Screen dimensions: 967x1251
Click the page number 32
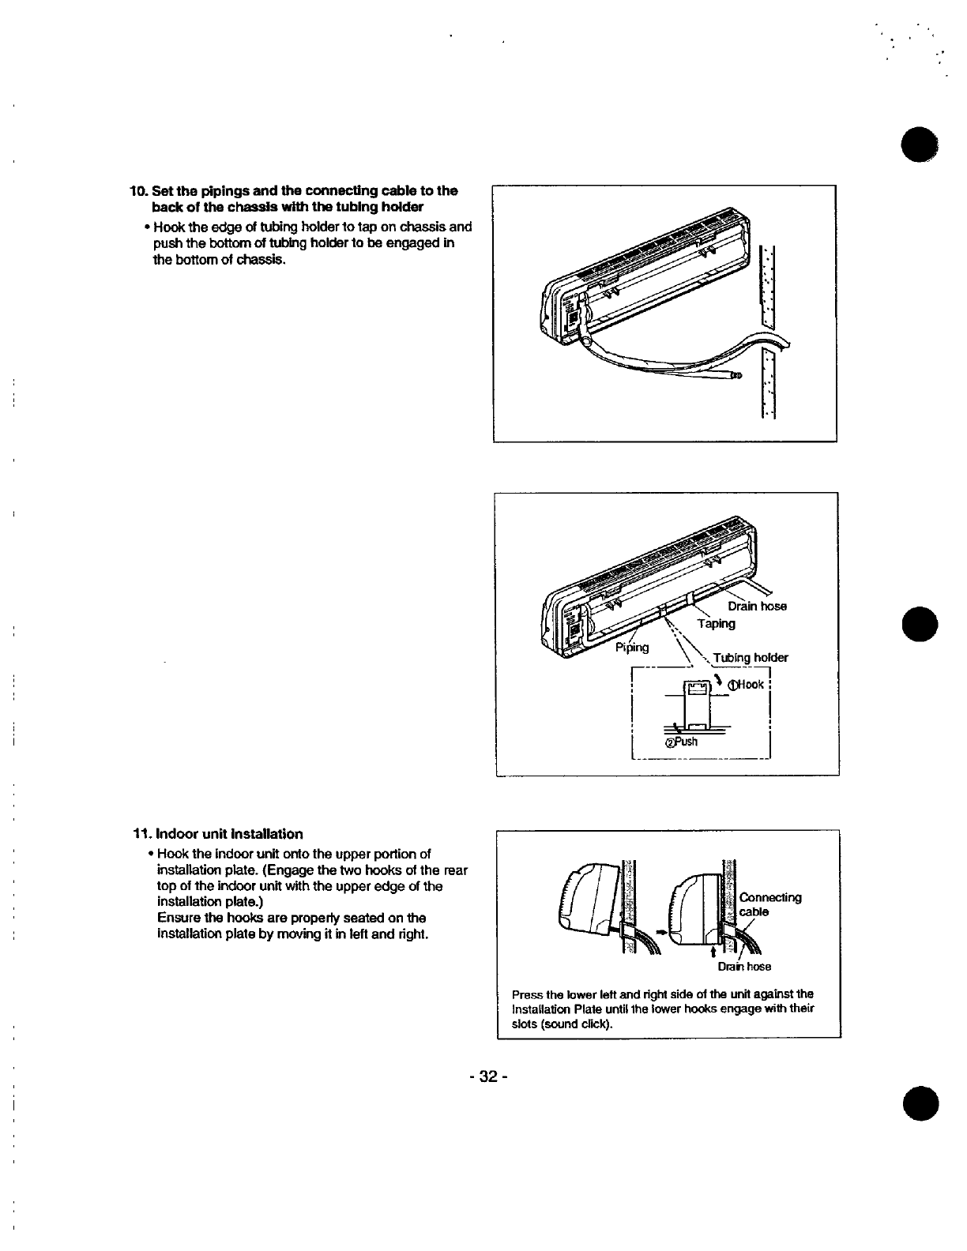tap(488, 1076)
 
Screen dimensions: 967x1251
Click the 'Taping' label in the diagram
tap(716, 623)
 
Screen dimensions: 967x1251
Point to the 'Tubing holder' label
tap(751, 657)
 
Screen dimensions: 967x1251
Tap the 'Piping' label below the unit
tap(632, 648)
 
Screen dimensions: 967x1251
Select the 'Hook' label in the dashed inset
tap(751, 685)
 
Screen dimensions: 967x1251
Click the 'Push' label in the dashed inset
tap(686, 742)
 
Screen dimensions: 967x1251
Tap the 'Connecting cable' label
tap(770, 904)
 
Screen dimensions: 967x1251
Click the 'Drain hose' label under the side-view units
tap(744, 967)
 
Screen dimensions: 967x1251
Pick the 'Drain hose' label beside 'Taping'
tap(757, 607)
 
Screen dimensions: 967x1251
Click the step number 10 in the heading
tap(139, 191)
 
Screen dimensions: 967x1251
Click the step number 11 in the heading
tap(142, 834)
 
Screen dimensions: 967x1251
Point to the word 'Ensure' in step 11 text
tap(177, 918)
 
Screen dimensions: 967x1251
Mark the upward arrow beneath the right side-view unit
tap(713, 953)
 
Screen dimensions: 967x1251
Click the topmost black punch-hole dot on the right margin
tap(920, 144)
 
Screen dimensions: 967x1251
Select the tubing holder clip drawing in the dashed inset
tap(697, 704)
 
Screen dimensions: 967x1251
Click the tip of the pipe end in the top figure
tap(739, 376)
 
